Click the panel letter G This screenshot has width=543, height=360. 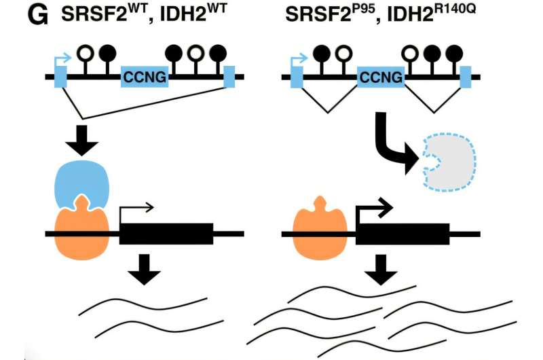click(37, 17)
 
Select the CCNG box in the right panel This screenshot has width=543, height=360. click(381, 78)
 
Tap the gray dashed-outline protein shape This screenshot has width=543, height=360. click(449, 156)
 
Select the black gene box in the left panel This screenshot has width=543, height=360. click(166, 233)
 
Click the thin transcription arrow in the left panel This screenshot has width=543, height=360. click(136, 209)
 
